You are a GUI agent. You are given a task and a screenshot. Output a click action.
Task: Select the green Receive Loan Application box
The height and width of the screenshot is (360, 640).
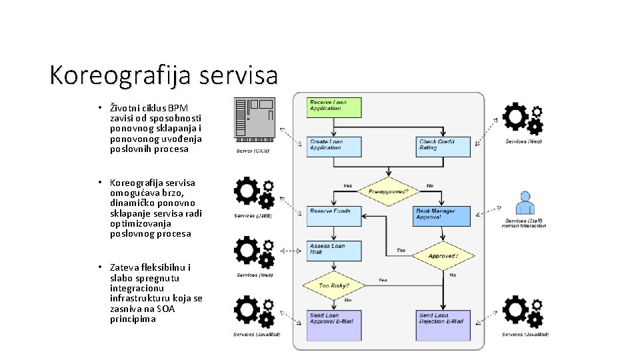(334, 107)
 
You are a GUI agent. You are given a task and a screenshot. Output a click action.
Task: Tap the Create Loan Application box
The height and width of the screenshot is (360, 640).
(334, 147)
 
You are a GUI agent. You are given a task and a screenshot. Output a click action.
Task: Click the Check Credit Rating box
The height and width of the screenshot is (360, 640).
(443, 147)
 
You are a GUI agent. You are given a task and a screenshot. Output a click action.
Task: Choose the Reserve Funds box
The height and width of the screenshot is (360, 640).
(334, 215)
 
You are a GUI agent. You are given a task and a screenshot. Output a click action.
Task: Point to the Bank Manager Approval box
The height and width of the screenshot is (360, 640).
(442, 215)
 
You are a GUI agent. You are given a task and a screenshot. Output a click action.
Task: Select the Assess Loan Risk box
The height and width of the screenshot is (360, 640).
(334, 251)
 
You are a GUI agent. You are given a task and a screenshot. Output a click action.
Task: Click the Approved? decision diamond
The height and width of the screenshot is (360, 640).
(443, 255)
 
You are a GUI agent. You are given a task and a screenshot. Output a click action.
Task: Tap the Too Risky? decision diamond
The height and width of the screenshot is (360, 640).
(334, 286)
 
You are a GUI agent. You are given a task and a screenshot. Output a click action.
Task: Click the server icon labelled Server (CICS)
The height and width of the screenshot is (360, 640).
(254, 119)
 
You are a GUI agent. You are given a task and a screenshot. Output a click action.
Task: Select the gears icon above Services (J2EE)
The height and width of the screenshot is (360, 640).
(254, 193)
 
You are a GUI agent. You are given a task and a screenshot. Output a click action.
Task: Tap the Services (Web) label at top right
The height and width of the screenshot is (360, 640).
(523, 142)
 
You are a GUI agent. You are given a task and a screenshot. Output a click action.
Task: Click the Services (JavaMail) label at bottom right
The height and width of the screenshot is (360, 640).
(525, 335)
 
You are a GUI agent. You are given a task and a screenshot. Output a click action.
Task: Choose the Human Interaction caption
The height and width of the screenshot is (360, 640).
(524, 226)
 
